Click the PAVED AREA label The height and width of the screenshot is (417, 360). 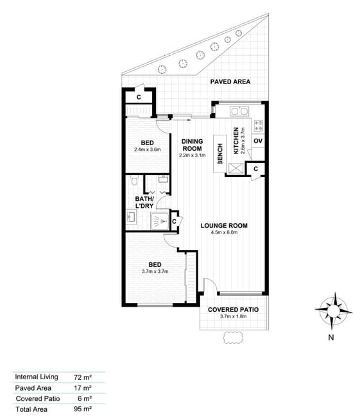[230, 81]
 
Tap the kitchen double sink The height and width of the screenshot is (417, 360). [239, 111]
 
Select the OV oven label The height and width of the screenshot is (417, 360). [258, 140]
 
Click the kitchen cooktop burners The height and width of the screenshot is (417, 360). [259, 126]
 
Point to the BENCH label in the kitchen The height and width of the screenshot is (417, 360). [220, 154]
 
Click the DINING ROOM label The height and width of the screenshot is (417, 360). [192, 145]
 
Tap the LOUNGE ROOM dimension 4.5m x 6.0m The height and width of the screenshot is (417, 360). [224, 232]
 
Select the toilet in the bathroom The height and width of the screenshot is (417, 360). [134, 180]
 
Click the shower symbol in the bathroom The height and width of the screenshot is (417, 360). [160, 221]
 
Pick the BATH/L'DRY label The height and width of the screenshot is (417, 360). [144, 202]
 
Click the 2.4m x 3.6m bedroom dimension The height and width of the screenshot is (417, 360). [148, 149]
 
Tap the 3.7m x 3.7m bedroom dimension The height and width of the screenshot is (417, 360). [155, 271]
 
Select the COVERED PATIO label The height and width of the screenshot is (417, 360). [233, 310]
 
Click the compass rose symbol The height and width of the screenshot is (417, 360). [334, 311]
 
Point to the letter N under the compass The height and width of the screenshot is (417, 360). [331, 337]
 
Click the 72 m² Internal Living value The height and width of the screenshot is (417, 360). [83, 377]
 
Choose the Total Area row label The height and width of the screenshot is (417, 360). [31, 409]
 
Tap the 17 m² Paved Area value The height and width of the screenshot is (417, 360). [83, 388]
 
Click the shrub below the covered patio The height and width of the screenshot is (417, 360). [234, 337]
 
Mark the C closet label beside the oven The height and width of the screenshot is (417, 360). [255, 169]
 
